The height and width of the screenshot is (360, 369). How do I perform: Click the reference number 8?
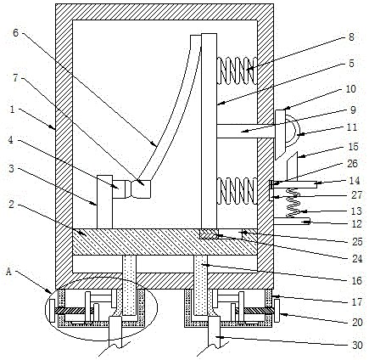[x=351, y=37]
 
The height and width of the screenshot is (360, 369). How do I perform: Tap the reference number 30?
[x=357, y=346]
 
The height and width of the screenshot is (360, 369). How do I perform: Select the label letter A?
[x=9, y=272]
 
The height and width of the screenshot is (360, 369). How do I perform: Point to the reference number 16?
[x=357, y=281]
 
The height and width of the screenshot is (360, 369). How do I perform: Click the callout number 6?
[x=15, y=33]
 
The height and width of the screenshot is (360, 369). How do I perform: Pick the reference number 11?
[x=352, y=127]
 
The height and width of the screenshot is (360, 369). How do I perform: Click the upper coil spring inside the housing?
[x=237, y=70]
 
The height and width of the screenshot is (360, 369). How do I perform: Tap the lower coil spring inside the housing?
[x=237, y=190]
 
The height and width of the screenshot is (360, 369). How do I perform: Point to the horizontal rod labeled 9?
[x=246, y=131]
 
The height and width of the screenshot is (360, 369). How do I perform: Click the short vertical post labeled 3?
[x=104, y=202]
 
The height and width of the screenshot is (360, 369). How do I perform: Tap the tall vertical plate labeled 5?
[x=210, y=131]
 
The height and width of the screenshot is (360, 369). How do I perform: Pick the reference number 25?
[x=357, y=242]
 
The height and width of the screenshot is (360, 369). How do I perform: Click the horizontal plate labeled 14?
[x=293, y=185]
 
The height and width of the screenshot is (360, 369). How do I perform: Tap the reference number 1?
[x=13, y=110]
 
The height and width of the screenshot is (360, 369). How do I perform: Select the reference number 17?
[x=357, y=302]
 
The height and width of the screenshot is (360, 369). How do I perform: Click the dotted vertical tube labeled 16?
[x=201, y=286]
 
